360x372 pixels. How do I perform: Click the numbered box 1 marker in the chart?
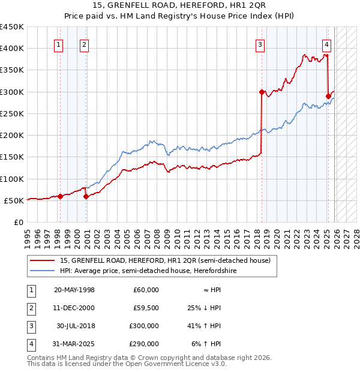coord(59,44)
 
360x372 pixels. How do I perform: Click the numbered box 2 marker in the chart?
coord(84,44)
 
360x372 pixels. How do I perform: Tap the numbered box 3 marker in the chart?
coord(260,44)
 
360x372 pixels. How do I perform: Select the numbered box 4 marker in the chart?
coord(326,44)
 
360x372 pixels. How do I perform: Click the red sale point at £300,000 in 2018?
coord(262,92)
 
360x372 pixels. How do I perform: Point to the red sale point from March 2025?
coord(328,96)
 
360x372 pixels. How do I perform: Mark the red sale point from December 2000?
coord(86,196)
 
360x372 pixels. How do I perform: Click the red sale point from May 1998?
coord(60,196)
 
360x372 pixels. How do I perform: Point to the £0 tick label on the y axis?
coord(18,222)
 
